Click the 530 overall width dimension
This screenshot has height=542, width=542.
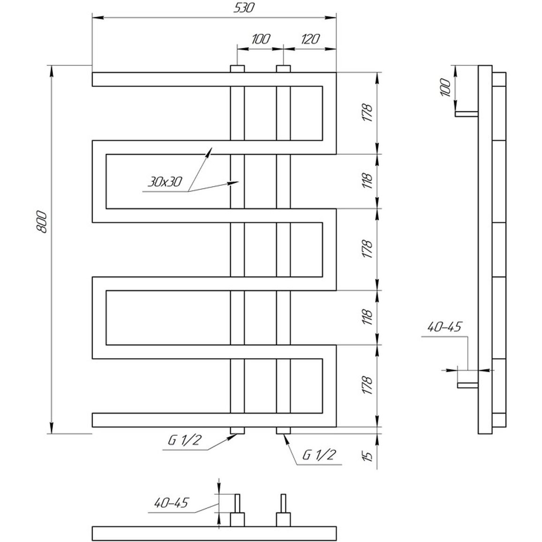[x=243, y=8]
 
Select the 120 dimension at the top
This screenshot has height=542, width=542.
[x=310, y=39]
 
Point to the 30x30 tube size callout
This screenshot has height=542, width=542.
[x=165, y=181]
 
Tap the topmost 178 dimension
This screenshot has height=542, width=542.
[x=368, y=113]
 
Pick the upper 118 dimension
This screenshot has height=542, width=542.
[x=368, y=181]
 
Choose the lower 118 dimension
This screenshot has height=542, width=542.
[x=368, y=317]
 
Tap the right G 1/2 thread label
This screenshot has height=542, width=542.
[x=319, y=455]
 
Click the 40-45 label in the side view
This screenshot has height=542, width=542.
[x=444, y=327]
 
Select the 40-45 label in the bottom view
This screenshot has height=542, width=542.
[x=171, y=503]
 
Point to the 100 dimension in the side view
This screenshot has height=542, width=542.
[x=446, y=88]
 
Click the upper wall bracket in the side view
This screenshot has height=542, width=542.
[x=467, y=114]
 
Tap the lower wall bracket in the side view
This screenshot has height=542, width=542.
[x=468, y=385]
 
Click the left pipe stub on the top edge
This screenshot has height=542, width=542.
[x=237, y=69]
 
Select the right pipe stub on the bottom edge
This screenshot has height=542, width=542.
[x=284, y=430]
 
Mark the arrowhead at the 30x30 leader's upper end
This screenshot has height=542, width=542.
[x=209, y=151]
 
